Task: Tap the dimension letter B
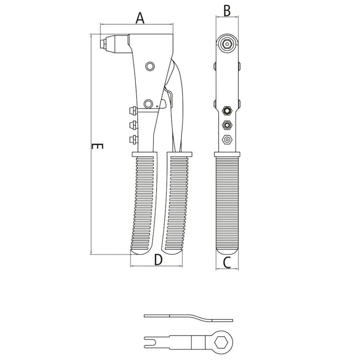(227, 10)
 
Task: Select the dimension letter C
(227, 262)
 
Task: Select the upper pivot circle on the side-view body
(149, 67)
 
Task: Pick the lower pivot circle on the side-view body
(148, 103)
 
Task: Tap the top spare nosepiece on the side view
(133, 110)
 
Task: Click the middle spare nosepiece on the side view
(133, 124)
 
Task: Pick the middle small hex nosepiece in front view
(227, 125)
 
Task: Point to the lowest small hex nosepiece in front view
(227, 140)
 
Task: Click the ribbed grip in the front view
(227, 202)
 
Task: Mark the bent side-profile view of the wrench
(189, 317)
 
